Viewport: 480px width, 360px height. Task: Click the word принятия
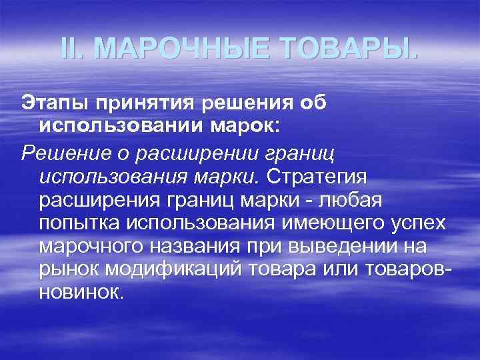click(x=151, y=105)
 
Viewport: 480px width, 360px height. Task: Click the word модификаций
click(x=173, y=271)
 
